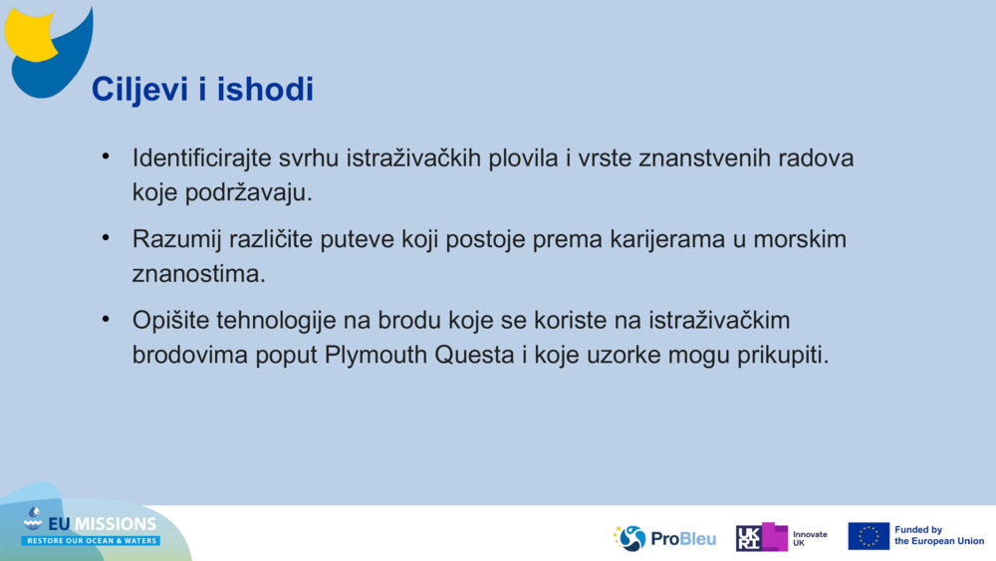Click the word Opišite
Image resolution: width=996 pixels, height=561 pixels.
click(x=167, y=322)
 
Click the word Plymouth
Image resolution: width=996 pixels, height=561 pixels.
click(x=376, y=356)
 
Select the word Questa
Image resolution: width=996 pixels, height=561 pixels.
click(x=475, y=356)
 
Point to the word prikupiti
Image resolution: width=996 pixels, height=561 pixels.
click(x=784, y=356)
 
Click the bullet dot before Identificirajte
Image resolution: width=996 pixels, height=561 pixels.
click(x=105, y=157)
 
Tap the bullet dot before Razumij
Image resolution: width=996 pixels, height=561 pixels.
click(x=105, y=239)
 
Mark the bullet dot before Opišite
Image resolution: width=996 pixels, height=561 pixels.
click(x=105, y=321)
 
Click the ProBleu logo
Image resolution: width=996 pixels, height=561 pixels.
click(x=664, y=538)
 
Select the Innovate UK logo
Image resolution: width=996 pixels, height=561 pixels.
click(x=781, y=538)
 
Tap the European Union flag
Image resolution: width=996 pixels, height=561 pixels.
click(x=869, y=536)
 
